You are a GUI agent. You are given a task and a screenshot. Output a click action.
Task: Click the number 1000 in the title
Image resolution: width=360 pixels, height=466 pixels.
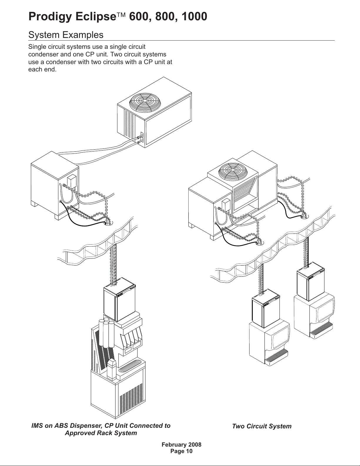(x=194, y=16)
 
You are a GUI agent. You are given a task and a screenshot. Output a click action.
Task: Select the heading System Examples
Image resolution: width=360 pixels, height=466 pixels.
(x=66, y=35)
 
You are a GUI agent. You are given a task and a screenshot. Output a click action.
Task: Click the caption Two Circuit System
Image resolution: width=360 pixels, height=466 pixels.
(x=262, y=426)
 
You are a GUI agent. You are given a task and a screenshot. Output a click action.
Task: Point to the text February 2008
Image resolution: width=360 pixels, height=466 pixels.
(x=182, y=445)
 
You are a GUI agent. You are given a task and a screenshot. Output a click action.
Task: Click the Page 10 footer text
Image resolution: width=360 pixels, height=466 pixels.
(x=182, y=451)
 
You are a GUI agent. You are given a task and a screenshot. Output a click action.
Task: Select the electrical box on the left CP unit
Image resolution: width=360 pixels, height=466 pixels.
(x=72, y=181)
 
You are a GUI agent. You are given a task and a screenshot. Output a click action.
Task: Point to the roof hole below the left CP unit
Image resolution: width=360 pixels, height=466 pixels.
(x=109, y=223)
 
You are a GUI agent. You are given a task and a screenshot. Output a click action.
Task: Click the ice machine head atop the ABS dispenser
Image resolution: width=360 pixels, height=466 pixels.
(x=119, y=299)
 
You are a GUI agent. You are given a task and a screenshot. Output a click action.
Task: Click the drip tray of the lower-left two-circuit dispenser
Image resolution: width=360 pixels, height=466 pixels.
(x=277, y=357)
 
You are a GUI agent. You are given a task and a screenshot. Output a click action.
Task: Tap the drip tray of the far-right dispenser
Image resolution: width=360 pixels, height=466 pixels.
(x=322, y=330)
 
